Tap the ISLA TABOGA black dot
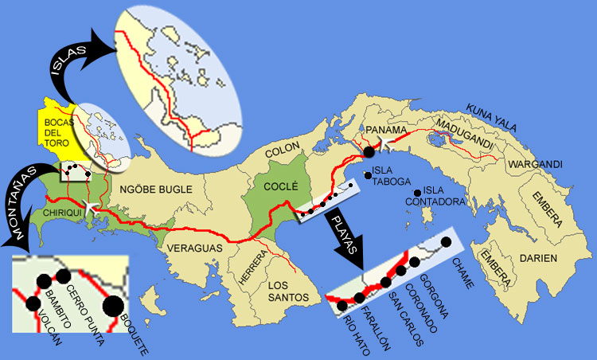(x=368, y=175)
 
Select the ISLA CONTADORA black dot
(x=417, y=193)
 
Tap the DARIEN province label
(x=539, y=259)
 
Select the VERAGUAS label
(x=194, y=248)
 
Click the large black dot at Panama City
(x=369, y=150)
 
